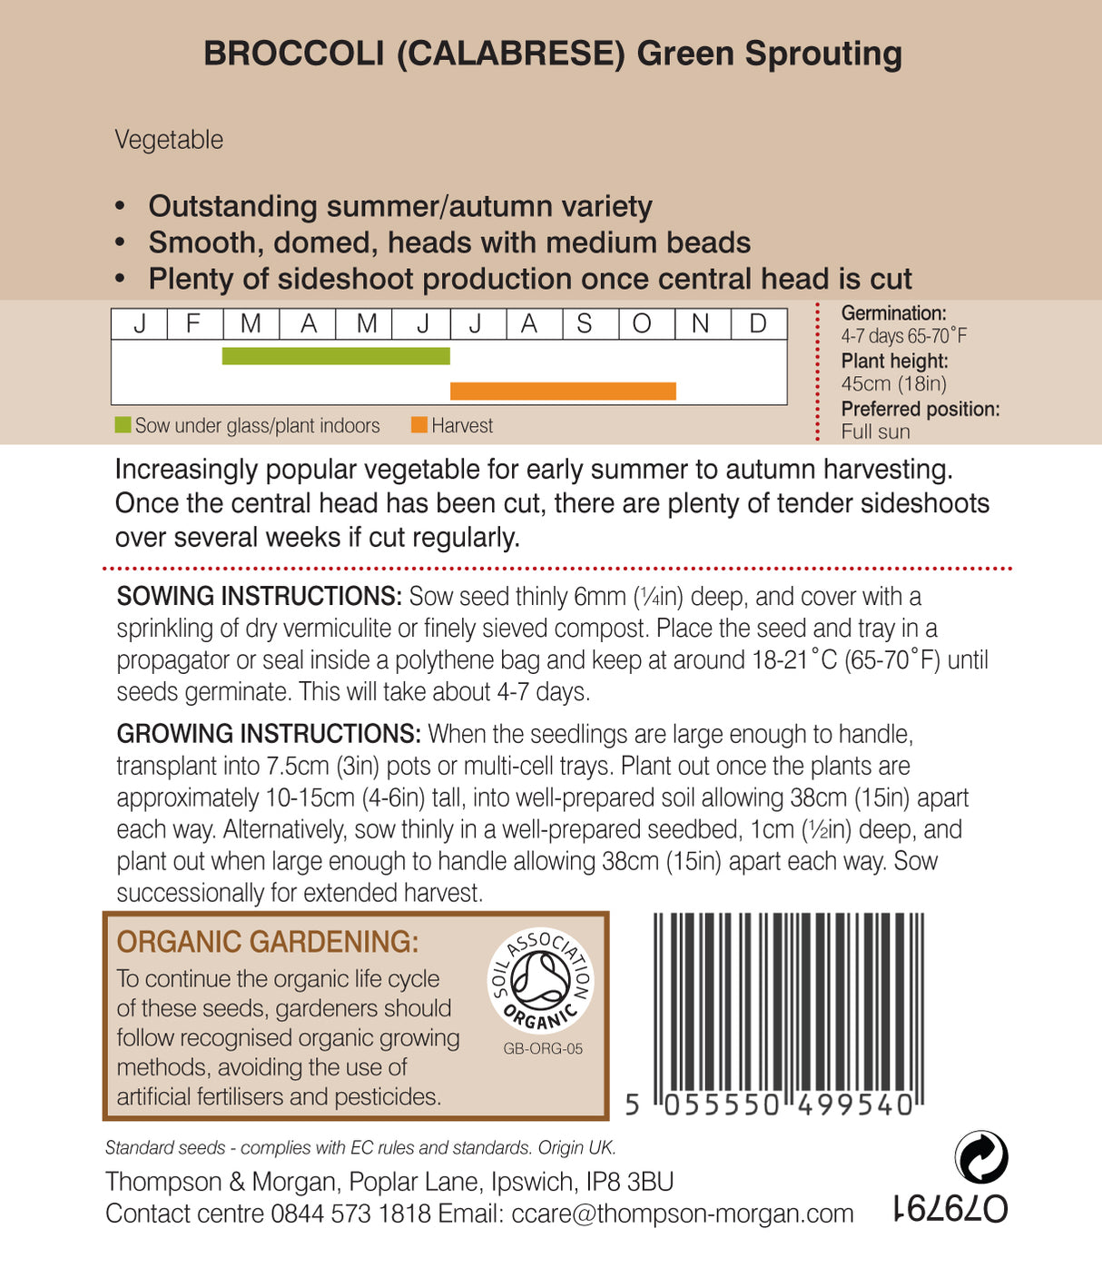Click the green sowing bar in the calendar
click(336, 356)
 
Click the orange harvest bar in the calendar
click(563, 391)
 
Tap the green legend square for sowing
click(123, 425)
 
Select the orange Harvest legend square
click(418, 425)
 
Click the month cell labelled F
click(194, 324)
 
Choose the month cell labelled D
click(759, 324)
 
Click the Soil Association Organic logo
click(540, 980)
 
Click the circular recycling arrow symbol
click(981, 1157)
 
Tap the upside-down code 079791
click(949, 1209)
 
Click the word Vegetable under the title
click(169, 140)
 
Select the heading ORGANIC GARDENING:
click(268, 942)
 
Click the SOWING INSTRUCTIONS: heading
click(259, 597)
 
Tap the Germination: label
click(893, 313)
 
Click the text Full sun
click(875, 431)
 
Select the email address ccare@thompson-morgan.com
click(683, 1214)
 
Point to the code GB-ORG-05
click(543, 1048)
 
